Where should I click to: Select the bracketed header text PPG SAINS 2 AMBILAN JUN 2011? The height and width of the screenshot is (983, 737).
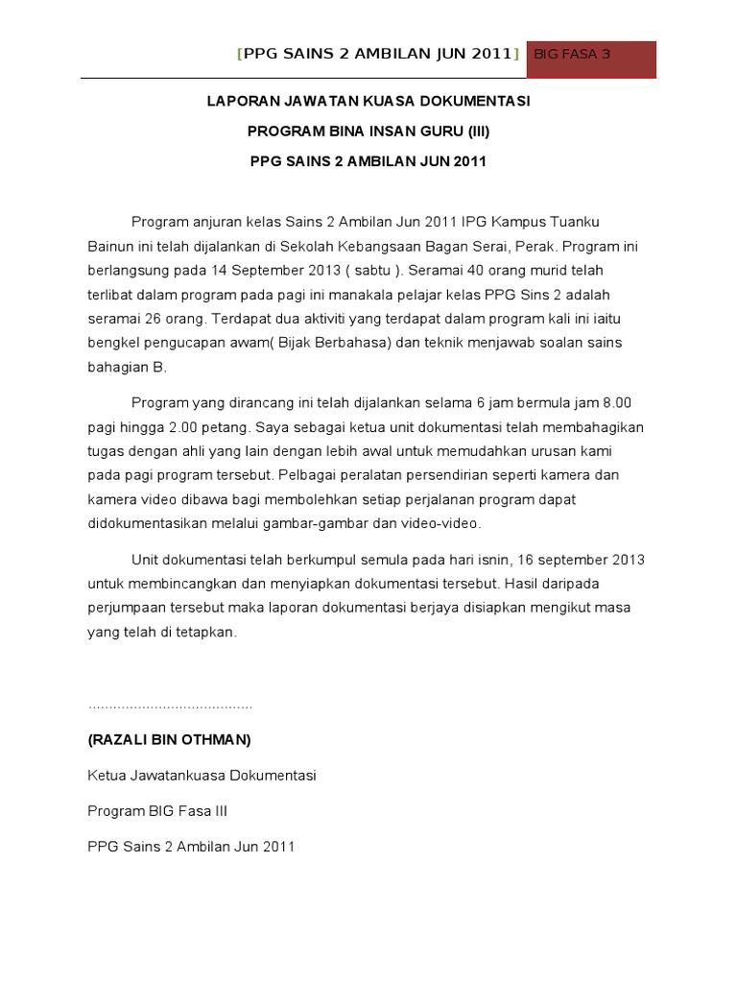(x=378, y=55)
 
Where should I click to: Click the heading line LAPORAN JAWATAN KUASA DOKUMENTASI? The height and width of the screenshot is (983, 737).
(x=368, y=101)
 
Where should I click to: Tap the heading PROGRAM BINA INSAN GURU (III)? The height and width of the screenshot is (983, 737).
(x=368, y=131)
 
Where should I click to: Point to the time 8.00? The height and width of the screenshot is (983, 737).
(x=613, y=401)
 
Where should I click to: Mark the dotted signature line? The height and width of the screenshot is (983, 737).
(x=170, y=706)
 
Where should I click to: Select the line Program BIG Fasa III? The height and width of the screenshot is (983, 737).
(x=157, y=811)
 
